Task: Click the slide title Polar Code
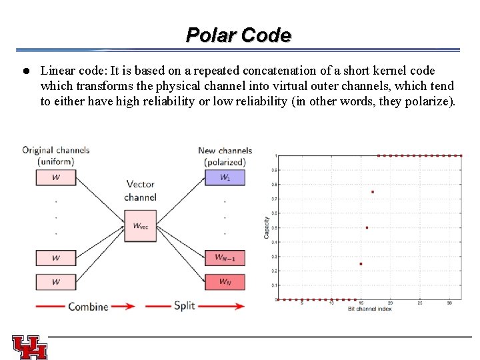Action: click(x=239, y=35)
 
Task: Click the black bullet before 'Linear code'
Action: click(x=24, y=71)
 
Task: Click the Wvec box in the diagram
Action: click(x=141, y=226)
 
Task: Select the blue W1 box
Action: click(x=225, y=177)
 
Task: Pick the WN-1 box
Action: click(x=225, y=257)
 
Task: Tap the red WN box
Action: click(x=225, y=281)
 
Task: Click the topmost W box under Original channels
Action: click(x=56, y=177)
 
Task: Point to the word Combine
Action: click(x=88, y=307)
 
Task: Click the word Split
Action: click(x=184, y=307)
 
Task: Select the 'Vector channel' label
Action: click(x=141, y=191)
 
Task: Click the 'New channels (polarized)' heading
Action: click(x=225, y=156)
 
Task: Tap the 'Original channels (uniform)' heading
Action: click(x=56, y=156)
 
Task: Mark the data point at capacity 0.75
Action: click(x=373, y=192)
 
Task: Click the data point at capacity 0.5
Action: click(x=367, y=228)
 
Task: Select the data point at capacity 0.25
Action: click(x=361, y=264)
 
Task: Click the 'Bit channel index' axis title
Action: click(x=370, y=309)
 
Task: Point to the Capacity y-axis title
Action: click(x=267, y=227)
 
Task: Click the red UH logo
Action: click(x=30, y=347)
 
